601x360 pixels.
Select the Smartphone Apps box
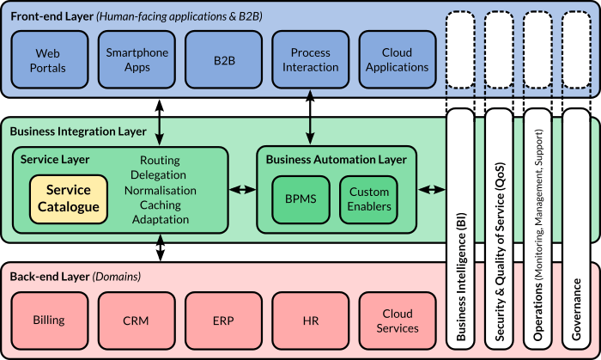pos(137,59)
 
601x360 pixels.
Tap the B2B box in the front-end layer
pos(223,59)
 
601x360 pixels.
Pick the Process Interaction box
pos(310,59)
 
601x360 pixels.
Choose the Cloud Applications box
pos(397,59)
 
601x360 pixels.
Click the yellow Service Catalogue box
pos(69,198)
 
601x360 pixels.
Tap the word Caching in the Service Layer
pos(160,204)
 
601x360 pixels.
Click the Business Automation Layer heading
pos(336,159)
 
